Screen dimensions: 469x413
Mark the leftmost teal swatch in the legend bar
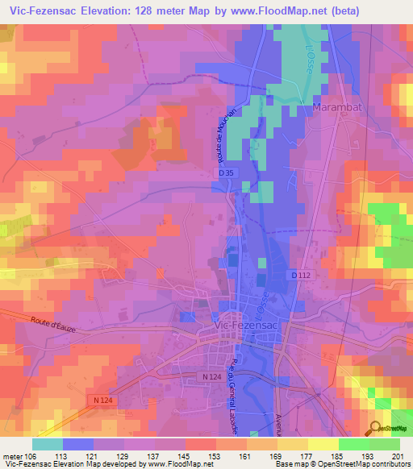48,444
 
